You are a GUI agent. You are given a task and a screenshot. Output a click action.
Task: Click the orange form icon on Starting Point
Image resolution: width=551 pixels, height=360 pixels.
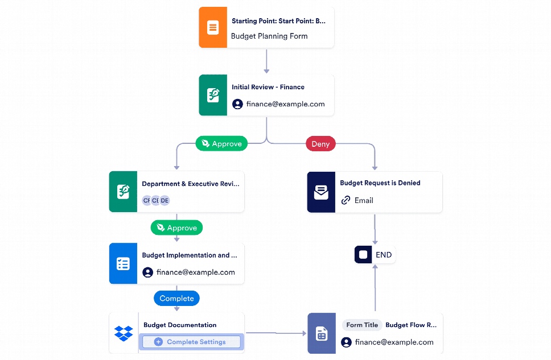212,27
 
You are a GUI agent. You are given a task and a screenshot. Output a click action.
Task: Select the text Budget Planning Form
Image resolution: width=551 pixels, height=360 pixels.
269,36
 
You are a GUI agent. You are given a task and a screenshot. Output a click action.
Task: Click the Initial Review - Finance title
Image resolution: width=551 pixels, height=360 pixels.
268,87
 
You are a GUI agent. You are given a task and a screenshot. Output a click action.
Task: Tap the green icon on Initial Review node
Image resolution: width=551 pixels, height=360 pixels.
212,95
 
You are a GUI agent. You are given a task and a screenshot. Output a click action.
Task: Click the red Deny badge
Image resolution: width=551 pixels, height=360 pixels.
320,144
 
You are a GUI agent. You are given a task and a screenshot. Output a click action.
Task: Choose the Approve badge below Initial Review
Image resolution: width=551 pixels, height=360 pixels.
221,144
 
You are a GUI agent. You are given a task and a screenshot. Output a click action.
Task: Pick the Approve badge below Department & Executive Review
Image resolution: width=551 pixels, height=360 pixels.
176,228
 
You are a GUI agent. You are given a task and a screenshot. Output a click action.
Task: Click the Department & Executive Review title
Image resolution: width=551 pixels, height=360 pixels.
190,184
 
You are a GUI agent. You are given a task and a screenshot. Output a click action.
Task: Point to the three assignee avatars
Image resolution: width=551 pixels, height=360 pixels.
156,200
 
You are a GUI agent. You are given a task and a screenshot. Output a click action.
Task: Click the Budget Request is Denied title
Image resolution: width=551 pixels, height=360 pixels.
380,183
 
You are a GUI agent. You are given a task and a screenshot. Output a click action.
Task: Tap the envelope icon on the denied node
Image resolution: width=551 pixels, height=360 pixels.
321,193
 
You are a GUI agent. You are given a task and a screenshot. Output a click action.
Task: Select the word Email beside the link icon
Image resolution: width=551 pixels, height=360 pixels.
364,200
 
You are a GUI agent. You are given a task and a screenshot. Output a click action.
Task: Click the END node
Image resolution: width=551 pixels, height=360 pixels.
375,255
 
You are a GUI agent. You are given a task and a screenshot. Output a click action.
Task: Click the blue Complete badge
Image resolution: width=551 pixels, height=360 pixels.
176,299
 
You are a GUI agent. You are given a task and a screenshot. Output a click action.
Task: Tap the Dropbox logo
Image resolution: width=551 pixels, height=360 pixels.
123,333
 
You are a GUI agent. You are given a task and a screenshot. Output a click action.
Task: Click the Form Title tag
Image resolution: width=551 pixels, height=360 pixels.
362,325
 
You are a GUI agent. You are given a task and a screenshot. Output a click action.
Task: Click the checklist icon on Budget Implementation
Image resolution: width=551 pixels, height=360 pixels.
123,264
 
